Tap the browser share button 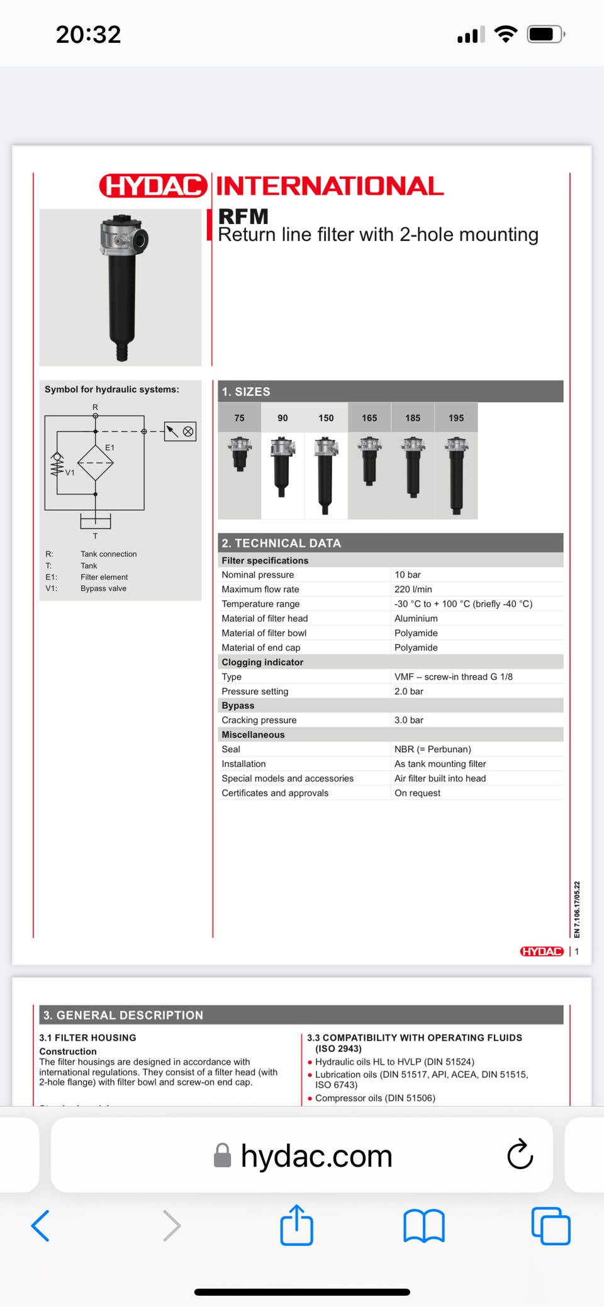(296, 1225)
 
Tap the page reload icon (520, 1154)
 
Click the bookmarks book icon (423, 1225)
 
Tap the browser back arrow (40, 1225)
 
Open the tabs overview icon (551, 1225)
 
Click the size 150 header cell (326, 418)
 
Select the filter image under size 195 (456, 476)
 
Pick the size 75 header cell (239, 418)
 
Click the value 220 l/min (413, 589)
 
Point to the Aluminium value (416, 619)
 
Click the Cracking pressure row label (259, 720)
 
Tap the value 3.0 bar (409, 720)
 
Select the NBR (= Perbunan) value (432, 749)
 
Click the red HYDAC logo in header (153, 186)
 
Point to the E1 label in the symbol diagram (109, 447)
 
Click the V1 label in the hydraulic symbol (70, 473)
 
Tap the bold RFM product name (243, 216)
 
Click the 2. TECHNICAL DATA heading (281, 543)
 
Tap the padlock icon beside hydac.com (223, 1155)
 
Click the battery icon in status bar (545, 34)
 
